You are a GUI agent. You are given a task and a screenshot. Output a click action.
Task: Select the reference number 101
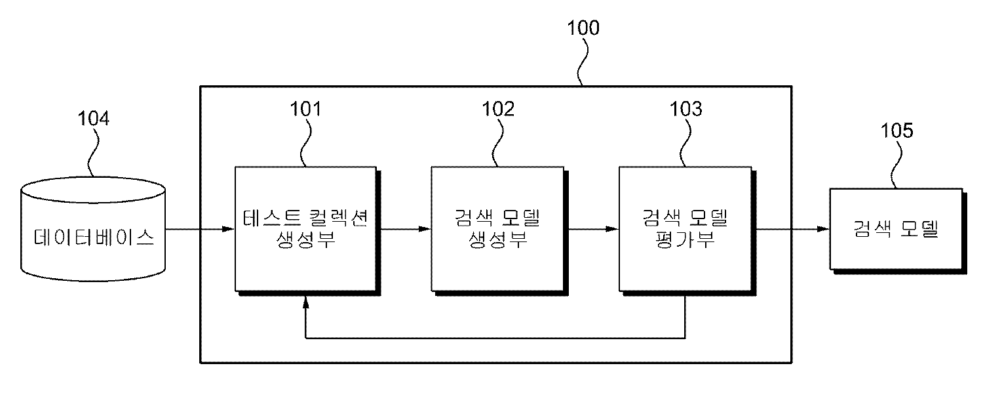pos(305,109)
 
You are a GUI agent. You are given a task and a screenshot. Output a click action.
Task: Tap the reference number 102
pos(499,109)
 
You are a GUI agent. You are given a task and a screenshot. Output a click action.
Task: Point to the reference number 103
pos(685,109)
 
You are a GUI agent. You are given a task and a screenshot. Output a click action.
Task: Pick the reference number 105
pos(896,130)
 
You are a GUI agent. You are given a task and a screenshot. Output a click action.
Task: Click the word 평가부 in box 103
pos(685,238)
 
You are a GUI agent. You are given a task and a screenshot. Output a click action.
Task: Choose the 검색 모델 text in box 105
pos(896,229)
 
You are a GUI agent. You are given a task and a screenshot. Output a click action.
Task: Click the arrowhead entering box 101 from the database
pos(228,229)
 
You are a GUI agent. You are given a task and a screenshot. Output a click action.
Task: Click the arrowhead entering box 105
pos(823,229)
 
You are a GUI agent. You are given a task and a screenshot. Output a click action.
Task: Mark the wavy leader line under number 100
pos(581,62)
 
